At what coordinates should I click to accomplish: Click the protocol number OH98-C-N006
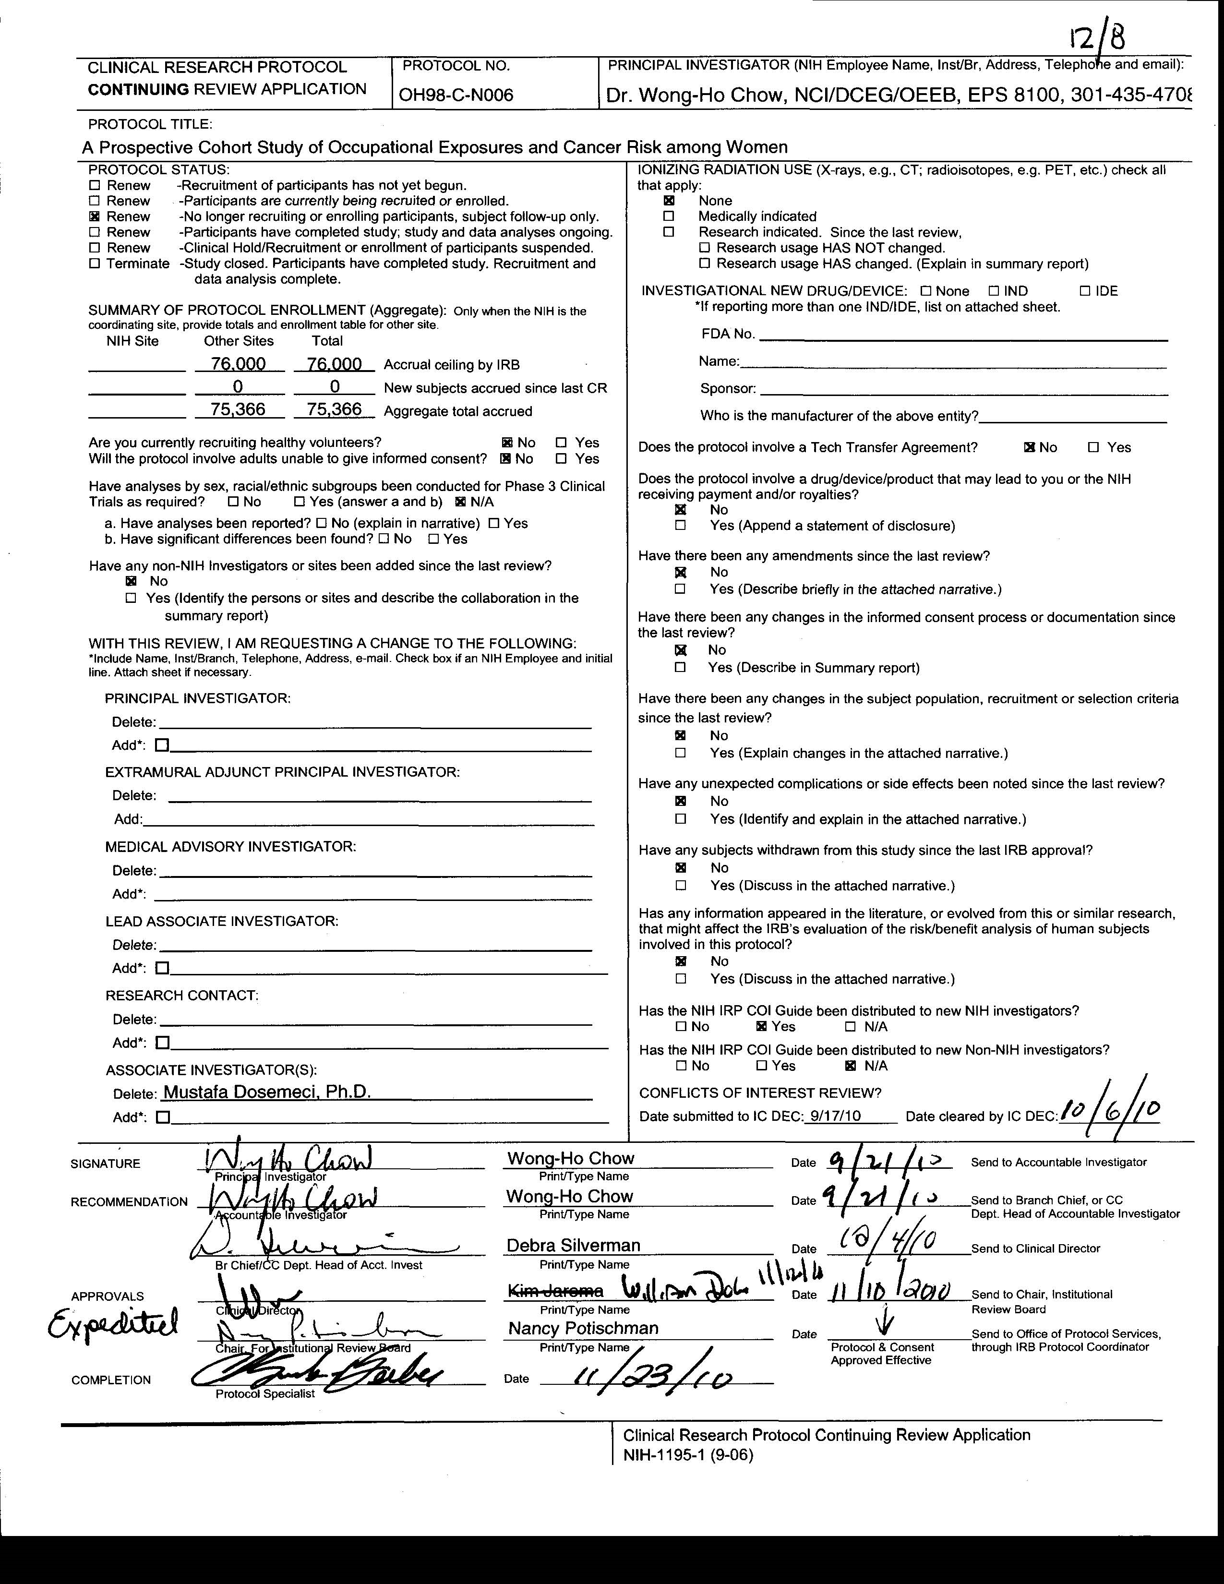point(456,96)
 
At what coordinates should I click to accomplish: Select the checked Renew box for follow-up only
point(94,216)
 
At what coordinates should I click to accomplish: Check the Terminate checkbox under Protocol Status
point(94,263)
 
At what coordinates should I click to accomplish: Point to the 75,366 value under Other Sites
point(238,410)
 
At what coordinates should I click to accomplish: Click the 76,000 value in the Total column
point(334,364)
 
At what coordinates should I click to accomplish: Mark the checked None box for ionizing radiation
point(669,200)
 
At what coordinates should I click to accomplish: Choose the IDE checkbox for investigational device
point(1085,291)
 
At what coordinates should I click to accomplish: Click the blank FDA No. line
point(962,335)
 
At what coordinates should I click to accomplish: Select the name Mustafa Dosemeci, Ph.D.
point(267,1092)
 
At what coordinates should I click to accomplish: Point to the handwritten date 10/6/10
point(1110,1108)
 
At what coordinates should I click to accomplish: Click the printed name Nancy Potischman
point(583,1328)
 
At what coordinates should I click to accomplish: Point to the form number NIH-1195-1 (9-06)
point(688,1455)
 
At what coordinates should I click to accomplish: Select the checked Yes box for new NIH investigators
point(761,1026)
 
